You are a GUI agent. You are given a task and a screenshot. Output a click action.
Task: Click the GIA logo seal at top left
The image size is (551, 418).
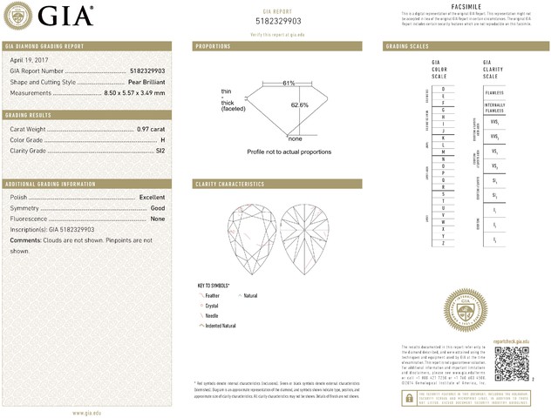click(x=17, y=15)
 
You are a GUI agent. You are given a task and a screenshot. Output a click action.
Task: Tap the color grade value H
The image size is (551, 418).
click(x=162, y=139)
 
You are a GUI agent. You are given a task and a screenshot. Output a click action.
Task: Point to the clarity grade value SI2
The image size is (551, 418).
click(x=159, y=151)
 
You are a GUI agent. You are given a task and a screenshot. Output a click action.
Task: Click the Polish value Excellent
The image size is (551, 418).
click(x=152, y=198)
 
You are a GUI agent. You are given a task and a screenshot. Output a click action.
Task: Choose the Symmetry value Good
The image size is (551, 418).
click(x=158, y=208)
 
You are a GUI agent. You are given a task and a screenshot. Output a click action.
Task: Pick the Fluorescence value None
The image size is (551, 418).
click(x=158, y=219)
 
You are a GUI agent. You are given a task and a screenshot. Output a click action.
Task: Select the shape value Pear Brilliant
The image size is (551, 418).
click(x=143, y=82)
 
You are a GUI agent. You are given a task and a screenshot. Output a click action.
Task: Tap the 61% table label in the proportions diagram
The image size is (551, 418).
click(x=289, y=83)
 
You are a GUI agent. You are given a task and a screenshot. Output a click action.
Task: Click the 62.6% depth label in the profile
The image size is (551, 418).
click(x=299, y=105)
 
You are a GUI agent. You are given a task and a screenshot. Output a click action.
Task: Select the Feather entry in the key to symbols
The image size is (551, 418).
click(x=212, y=296)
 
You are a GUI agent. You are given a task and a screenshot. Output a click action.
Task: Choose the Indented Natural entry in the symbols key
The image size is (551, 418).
click(x=220, y=325)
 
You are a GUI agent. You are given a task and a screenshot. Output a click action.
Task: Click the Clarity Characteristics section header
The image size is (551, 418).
click(x=230, y=185)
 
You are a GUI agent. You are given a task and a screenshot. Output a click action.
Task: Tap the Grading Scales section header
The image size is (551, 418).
click(x=406, y=45)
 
